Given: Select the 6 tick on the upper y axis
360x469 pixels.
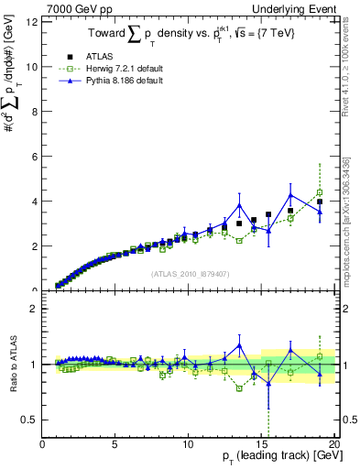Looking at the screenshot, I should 35,157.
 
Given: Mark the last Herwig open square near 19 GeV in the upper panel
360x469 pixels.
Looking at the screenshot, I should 320,193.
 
